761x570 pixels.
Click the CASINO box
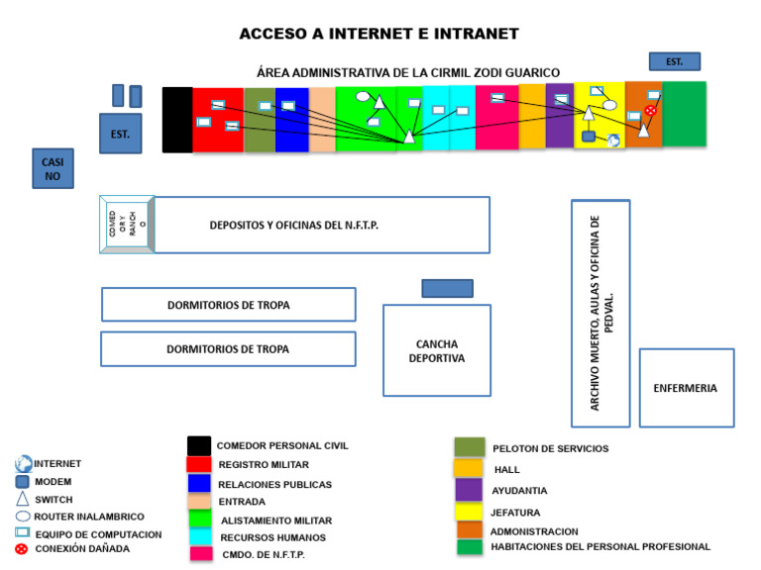tap(52, 168)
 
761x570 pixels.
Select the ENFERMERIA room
tap(686, 388)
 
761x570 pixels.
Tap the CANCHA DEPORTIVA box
tap(437, 350)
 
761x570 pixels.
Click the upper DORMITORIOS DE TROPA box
tap(228, 305)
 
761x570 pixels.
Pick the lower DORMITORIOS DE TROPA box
tap(228, 349)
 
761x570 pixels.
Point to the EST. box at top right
tap(674, 61)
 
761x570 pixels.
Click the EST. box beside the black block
tap(121, 133)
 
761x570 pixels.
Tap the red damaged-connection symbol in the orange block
tap(650, 111)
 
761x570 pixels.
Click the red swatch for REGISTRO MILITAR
tap(198, 465)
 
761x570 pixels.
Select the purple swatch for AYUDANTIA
tap(469, 490)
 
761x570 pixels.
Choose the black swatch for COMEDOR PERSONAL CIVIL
tap(199, 446)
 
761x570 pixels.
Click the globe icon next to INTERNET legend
tap(24, 463)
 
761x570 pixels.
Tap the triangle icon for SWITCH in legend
tap(23, 499)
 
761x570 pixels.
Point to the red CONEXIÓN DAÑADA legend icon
tap(22, 548)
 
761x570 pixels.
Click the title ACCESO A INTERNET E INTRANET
tap(380, 34)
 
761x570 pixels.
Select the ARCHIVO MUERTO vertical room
tap(600, 313)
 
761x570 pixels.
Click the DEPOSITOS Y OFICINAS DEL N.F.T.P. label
tap(294, 225)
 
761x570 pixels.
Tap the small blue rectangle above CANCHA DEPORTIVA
tap(447, 288)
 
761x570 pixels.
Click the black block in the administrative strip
tap(177, 120)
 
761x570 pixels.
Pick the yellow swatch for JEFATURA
tap(469, 512)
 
